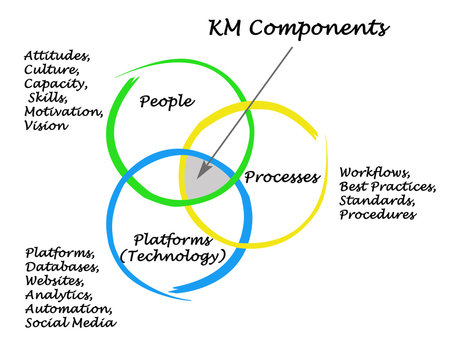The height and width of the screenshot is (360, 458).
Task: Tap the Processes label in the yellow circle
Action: pos(283,178)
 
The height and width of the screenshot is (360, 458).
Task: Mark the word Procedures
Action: pos(378,214)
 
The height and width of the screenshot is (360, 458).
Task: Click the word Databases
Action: pos(62,267)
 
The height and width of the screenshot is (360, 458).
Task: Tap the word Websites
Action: pos(58,281)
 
